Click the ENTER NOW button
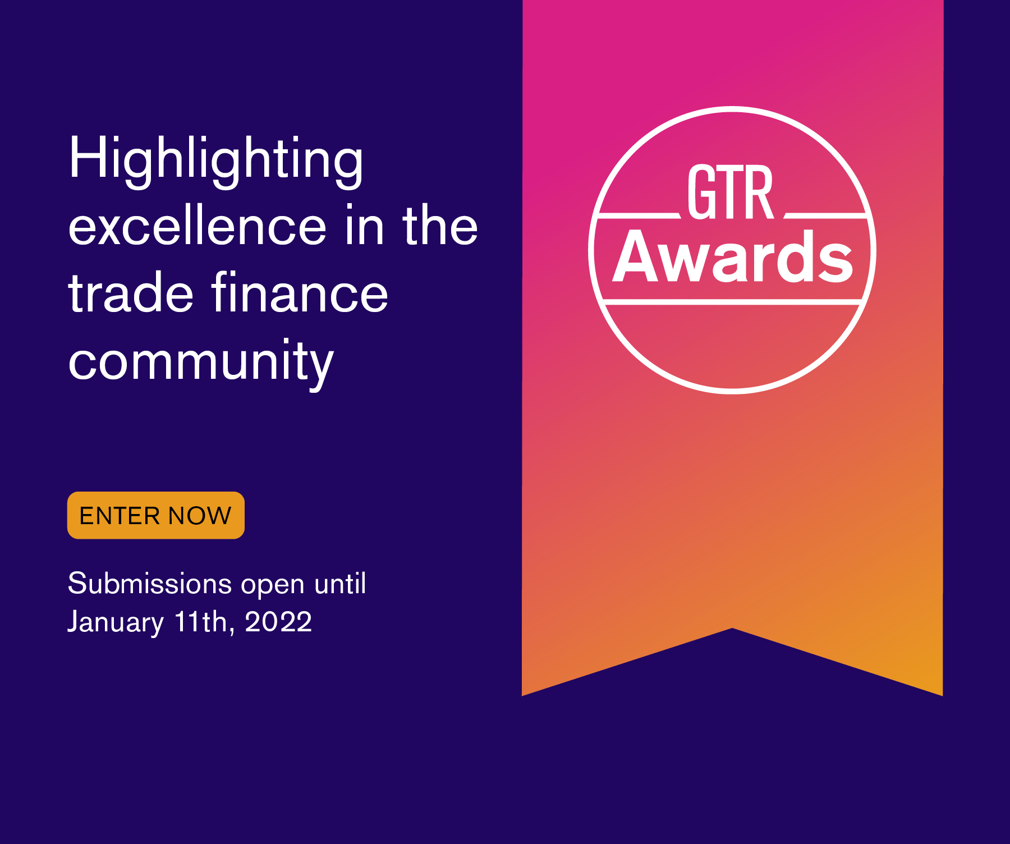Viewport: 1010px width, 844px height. click(155, 515)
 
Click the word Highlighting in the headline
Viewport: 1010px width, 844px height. click(216, 160)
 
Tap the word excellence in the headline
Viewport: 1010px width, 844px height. click(197, 227)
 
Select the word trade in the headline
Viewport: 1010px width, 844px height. click(130, 293)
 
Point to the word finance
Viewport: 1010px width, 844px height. click(300, 293)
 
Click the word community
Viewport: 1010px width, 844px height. click(201, 362)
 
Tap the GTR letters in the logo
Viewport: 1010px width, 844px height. click(731, 192)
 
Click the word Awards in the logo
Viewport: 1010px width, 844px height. click(732, 258)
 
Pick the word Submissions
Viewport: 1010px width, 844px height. click(150, 584)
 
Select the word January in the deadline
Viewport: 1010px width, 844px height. click(116, 622)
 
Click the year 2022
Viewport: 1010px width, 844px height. click(278, 622)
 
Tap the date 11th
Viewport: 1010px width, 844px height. click(201, 622)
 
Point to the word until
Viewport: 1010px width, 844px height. click(340, 584)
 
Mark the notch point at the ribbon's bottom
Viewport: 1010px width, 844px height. click(732, 629)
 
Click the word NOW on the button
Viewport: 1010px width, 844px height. click(200, 516)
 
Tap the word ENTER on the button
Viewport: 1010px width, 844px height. click(120, 516)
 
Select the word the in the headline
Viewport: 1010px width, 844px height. click(440, 227)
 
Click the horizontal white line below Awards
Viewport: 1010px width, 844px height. click(732, 302)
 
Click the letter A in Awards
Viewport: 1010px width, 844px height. click(637, 258)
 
